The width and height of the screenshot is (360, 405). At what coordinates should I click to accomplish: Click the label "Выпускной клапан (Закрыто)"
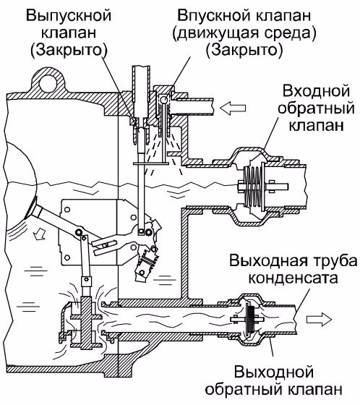point(69,33)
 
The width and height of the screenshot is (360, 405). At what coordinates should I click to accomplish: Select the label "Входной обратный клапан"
point(316,108)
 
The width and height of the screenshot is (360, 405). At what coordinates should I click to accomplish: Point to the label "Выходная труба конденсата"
point(293,269)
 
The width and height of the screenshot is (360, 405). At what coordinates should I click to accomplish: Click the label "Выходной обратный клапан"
point(274,380)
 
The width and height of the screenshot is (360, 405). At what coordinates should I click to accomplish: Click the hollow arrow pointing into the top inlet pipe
point(233,108)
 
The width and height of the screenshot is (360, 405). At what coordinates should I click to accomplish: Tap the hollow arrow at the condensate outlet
point(319,320)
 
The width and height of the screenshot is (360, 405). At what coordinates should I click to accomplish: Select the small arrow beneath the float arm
point(39,234)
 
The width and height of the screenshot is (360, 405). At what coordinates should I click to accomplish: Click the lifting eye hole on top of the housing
point(48,83)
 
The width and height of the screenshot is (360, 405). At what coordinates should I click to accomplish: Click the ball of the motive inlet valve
point(163,99)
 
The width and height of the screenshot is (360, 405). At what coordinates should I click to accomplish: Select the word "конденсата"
point(293,278)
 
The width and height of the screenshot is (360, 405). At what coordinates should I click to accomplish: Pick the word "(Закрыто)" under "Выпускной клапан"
point(69,50)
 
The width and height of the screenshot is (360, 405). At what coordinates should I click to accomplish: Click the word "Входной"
point(316,92)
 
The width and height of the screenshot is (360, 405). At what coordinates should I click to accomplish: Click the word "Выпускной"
point(69,16)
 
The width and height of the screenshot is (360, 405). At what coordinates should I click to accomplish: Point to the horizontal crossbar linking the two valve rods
point(151,163)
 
